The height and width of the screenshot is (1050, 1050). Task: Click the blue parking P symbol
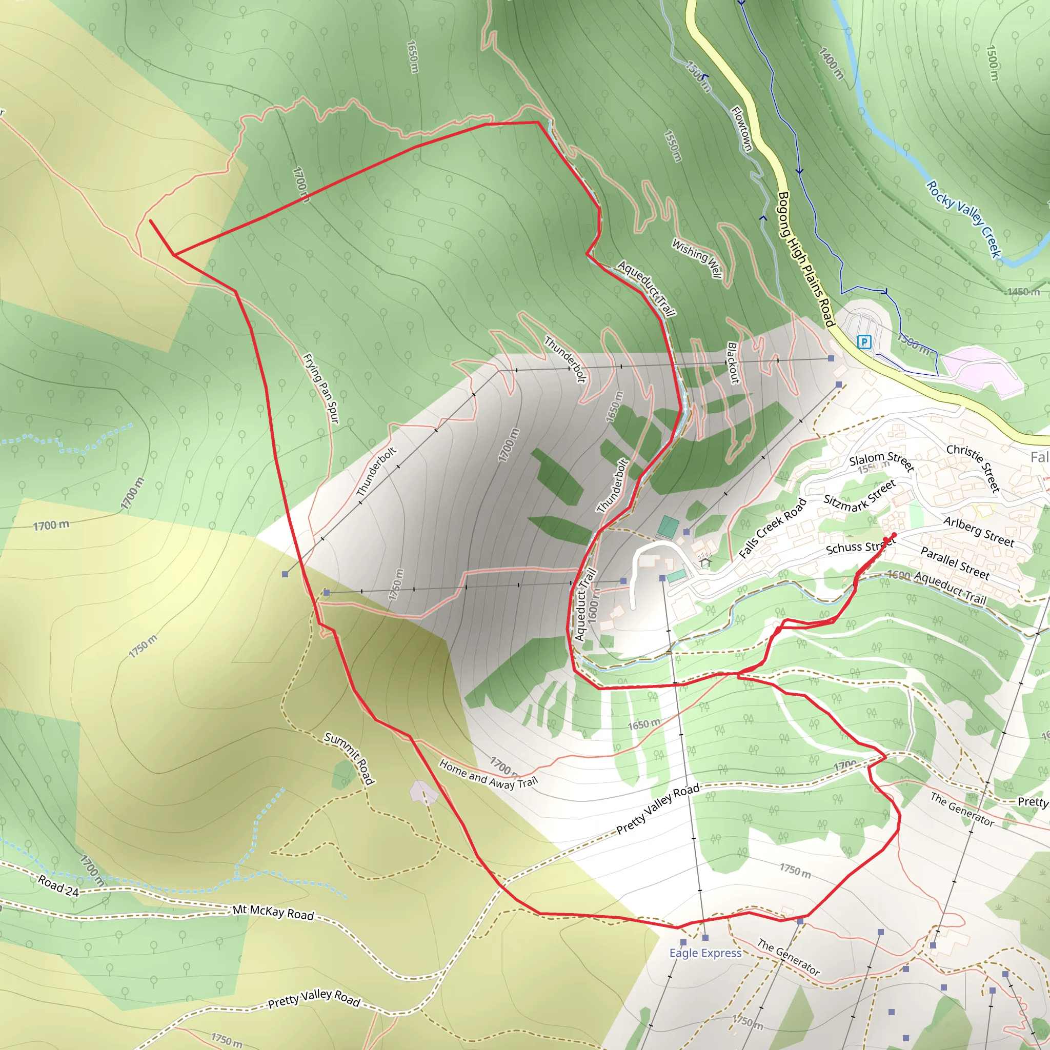pyautogui.click(x=864, y=342)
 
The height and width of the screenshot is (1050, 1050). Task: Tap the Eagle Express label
pyautogui.click(x=705, y=953)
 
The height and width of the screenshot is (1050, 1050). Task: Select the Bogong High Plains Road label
pyautogui.click(x=806, y=259)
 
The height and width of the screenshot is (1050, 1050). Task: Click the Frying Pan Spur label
pyautogui.click(x=321, y=389)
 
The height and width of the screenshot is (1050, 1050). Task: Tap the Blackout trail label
pyautogui.click(x=733, y=362)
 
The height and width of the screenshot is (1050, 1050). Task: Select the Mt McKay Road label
pyautogui.click(x=273, y=913)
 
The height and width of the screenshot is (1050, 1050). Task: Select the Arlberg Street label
pyautogui.click(x=979, y=531)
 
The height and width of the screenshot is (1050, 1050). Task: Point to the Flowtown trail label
pyautogui.click(x=742, y=129)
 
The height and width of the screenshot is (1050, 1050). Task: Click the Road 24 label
pyautogui.click(x=58, y=885)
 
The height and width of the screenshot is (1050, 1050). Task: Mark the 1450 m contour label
pyautogui.click(x=1023, y=292)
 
